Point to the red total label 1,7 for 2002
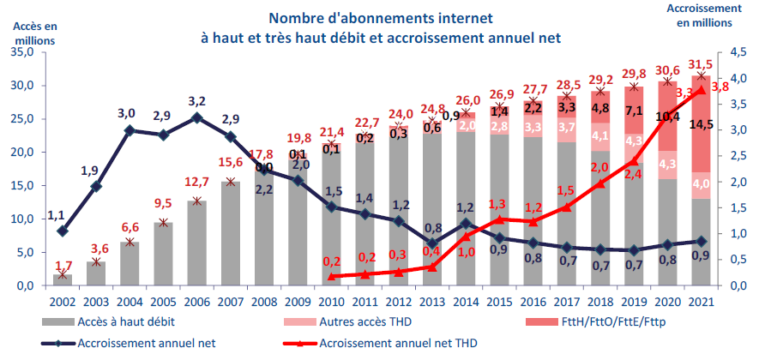63,266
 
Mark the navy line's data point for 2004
130,130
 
